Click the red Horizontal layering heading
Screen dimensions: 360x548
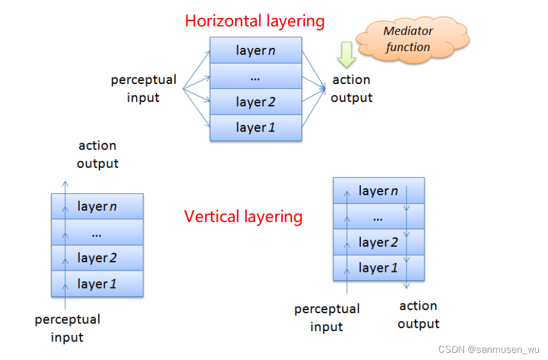coord(254,22)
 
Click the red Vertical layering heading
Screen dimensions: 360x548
coord(243,216)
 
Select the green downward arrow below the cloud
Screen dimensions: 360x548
coord(346,54)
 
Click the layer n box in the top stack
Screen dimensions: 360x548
coord(255,50)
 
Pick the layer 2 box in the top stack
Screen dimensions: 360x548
coord(255,102)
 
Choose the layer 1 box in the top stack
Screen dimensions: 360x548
coord(255,128)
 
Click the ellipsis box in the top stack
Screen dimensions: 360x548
coord(255,76)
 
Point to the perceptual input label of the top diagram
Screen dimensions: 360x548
coord(143,89)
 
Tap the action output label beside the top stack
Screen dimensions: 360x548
coord(351,89)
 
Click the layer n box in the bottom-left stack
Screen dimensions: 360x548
coord(97,206)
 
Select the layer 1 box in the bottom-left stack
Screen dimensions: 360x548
coord(97,284)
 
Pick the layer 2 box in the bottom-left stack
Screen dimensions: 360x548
coord(97,258)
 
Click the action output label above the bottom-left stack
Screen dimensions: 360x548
coord(97,154)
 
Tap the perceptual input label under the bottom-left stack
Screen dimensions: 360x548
coord(67,328)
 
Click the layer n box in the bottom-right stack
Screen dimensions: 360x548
coord(378,191)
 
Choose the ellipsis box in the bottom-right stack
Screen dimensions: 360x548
coord(378,217)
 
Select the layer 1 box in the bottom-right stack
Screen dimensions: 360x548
coord(378,268)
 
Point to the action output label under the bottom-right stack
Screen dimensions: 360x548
coord(418,315)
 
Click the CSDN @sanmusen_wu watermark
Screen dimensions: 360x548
coord(489,349)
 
